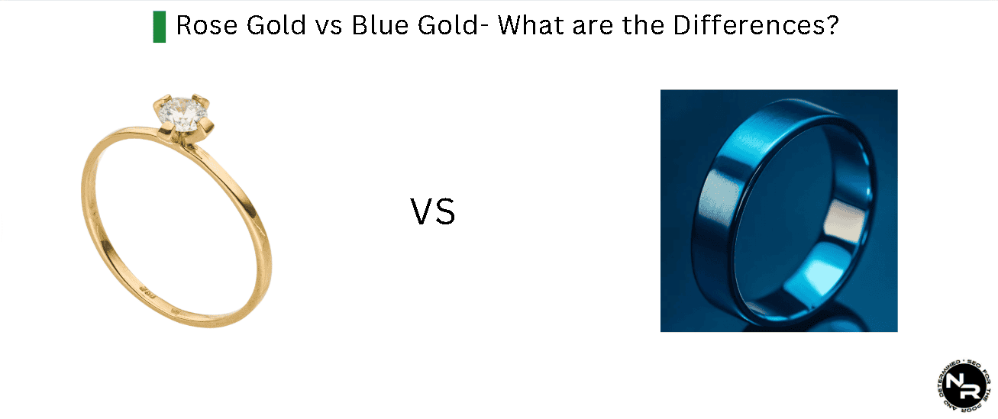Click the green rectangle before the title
159,27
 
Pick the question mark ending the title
832,25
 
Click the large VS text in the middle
433,212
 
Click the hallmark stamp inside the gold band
147,289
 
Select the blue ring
779,210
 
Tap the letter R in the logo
971,391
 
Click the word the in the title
645,25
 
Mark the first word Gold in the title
273,25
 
